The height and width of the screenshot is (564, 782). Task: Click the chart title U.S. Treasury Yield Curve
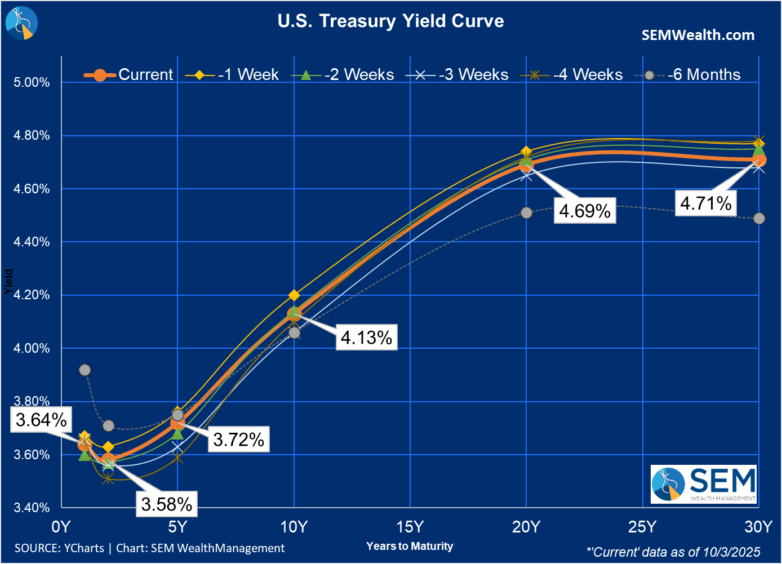coord(390,21)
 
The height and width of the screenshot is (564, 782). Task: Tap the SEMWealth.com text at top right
coord(697,35)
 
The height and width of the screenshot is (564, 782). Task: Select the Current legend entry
coord(129,74)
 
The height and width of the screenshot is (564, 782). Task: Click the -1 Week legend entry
coord(232,74)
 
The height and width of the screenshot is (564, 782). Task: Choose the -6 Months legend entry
coord(688,74)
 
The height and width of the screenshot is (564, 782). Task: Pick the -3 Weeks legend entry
coord(457,74)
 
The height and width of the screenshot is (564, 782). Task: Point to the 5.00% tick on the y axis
coord(32,82)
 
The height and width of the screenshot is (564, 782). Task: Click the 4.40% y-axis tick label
coord(32,242)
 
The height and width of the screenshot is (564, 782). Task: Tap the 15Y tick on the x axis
coord(410,527)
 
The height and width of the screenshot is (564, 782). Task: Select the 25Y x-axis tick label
coord(642,527)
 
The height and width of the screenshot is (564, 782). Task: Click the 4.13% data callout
coord(366,337)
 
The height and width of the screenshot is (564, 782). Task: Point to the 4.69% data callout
coord(585,211)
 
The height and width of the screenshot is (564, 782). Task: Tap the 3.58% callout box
coord(167,504)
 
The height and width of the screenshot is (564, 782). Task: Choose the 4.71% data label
coord(706,203)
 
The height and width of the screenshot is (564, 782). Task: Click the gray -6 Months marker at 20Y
coord(526,212)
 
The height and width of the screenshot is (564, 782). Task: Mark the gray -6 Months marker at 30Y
coord(759,218)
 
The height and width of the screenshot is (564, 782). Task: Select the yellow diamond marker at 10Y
coord(294,295)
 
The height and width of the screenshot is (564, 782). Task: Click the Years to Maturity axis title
coord(410,546)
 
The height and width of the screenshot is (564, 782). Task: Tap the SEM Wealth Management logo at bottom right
coord(704,484)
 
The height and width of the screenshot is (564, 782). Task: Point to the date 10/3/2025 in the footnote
coord(732,552)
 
